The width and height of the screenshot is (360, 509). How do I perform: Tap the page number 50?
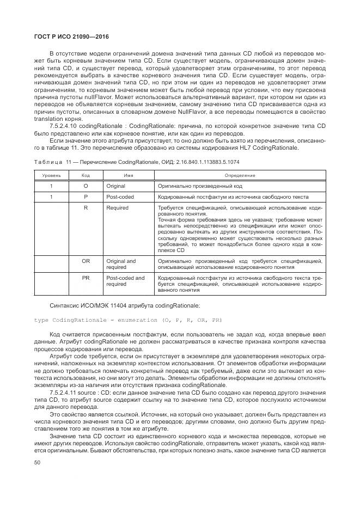[37, 462]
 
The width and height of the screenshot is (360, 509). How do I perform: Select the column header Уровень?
[52, 176]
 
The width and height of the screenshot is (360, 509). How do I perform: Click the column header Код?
[86, 176]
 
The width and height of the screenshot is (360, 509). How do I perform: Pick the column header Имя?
[129, 176]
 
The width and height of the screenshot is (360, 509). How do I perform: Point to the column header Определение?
[240, 176]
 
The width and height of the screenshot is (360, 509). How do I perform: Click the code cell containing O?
[86, 186]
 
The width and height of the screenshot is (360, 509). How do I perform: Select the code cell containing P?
[86, 197]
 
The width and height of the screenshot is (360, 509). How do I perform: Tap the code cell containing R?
[86, 208]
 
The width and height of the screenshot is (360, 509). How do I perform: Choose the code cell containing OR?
[86, 261]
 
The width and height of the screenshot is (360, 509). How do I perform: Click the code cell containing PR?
[86, 278]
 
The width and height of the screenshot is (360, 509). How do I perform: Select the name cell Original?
[116, 186]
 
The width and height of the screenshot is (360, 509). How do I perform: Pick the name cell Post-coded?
[120, 197]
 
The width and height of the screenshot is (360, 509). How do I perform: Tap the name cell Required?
[118, 208]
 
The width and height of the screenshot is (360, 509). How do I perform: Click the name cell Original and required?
[121, 265]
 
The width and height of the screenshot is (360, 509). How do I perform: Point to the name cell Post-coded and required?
[125, 281]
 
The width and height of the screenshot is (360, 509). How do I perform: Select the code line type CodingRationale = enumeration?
[128, 320]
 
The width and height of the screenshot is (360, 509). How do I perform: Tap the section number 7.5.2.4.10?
[66, 125]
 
